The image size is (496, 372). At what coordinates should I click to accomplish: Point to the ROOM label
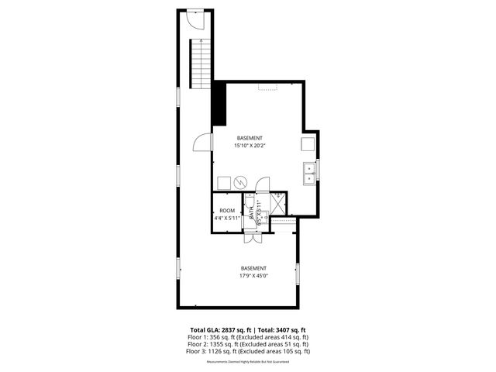click(x=227, y=211)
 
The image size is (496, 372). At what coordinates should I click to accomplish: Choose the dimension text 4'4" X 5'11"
click(x=227, y=219)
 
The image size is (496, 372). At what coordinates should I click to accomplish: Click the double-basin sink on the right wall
click(x=308, y=171)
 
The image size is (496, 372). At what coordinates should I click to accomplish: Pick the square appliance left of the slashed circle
click(x=223, y=182)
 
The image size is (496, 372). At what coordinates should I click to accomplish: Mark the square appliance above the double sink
click(x=308, y=145)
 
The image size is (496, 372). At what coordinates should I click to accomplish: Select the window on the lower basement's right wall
click(x=298, y=274)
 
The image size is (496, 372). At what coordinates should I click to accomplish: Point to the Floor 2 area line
click(x=248, y=344)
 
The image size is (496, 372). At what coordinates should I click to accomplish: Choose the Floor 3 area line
click(x=248, y=351)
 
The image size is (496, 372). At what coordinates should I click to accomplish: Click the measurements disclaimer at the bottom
click(x=248, y=362)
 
